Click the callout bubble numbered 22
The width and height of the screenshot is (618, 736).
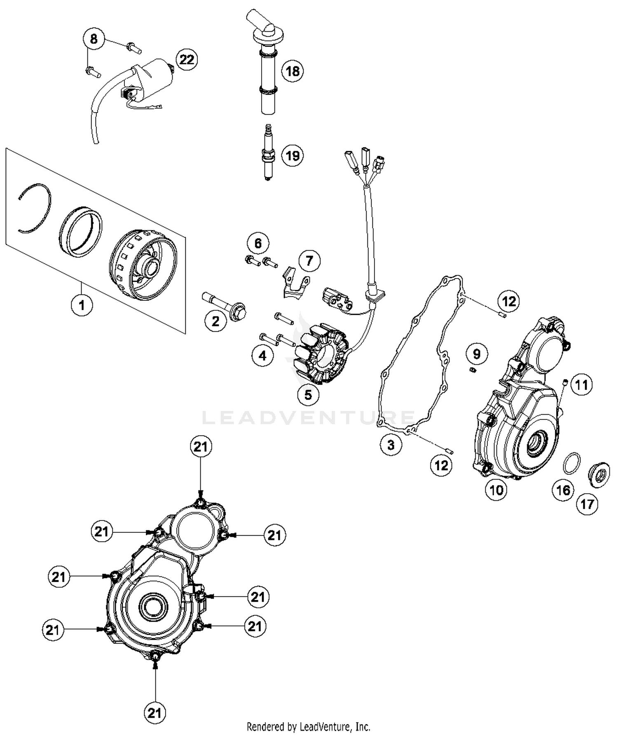[x=186, y=60]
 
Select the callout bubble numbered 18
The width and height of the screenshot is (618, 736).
[x=292, y=71]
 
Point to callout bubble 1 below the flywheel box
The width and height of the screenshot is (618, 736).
[x=82, y=305]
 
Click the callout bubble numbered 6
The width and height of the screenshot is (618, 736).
[x=258, y=243]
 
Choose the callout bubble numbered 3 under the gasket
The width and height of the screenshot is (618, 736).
[x=391, y=445]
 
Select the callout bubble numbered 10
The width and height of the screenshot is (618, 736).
[x=496, y=490]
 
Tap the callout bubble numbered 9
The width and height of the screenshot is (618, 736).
[x=477, y=354]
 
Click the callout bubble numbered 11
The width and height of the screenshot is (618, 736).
[x=581, y=385]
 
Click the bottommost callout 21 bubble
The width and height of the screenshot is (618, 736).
[x=154, y=713]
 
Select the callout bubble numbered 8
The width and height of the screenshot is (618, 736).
[x=94, y=39]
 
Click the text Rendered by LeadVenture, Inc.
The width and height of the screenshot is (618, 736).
[x=308, y=726]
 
